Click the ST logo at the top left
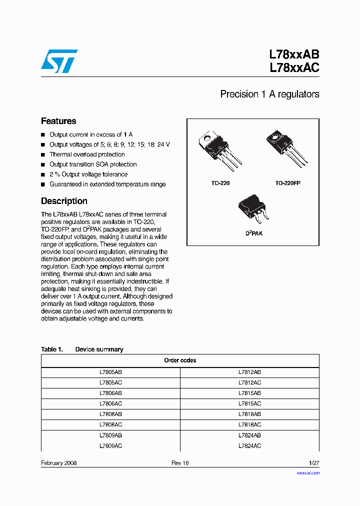click(59, 60)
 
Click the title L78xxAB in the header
click(294, 54)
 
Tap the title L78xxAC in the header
click(294, 68)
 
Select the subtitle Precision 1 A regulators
click(269, 94)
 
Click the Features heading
click(58, 121)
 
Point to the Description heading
click(64, 201)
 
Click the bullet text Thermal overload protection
click(87, 154)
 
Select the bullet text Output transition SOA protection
click(93, 164)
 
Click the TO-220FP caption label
click(287, 183)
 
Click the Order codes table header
click(180, 360)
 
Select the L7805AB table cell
click(110, 372)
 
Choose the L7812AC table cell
click(249, 382)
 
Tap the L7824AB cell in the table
click(249, 435)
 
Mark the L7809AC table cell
click(110, 445)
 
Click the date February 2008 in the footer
click(58, 463)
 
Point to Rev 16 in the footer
click(180, 463)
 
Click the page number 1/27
click(313, 463)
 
